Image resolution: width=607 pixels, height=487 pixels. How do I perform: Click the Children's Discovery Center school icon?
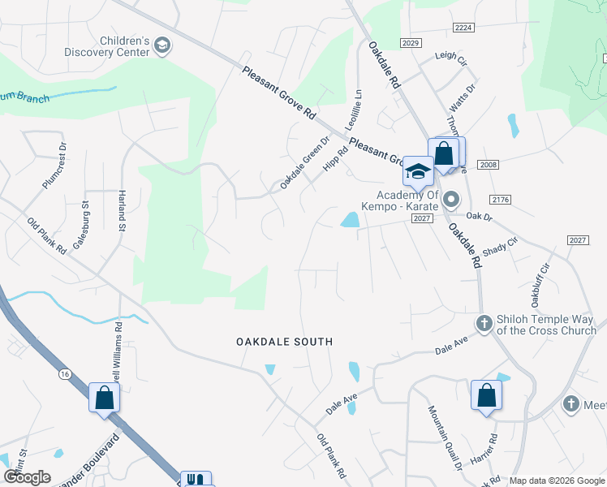click(x=162, y=45)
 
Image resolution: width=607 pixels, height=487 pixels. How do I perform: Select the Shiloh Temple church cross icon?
click(x=484, y=324)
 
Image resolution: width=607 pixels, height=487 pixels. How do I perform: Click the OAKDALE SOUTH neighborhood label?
click(x=284, y=342)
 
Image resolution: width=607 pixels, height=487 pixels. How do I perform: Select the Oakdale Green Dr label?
click(x=306, y=162)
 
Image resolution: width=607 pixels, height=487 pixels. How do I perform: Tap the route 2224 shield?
click(x=463, y=28)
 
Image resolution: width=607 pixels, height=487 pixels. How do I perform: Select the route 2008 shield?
click(x=488, y=164)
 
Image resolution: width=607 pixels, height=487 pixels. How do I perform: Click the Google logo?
click(x=28, y=476)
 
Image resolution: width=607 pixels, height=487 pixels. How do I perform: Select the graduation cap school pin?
click(x=418, y=171)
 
